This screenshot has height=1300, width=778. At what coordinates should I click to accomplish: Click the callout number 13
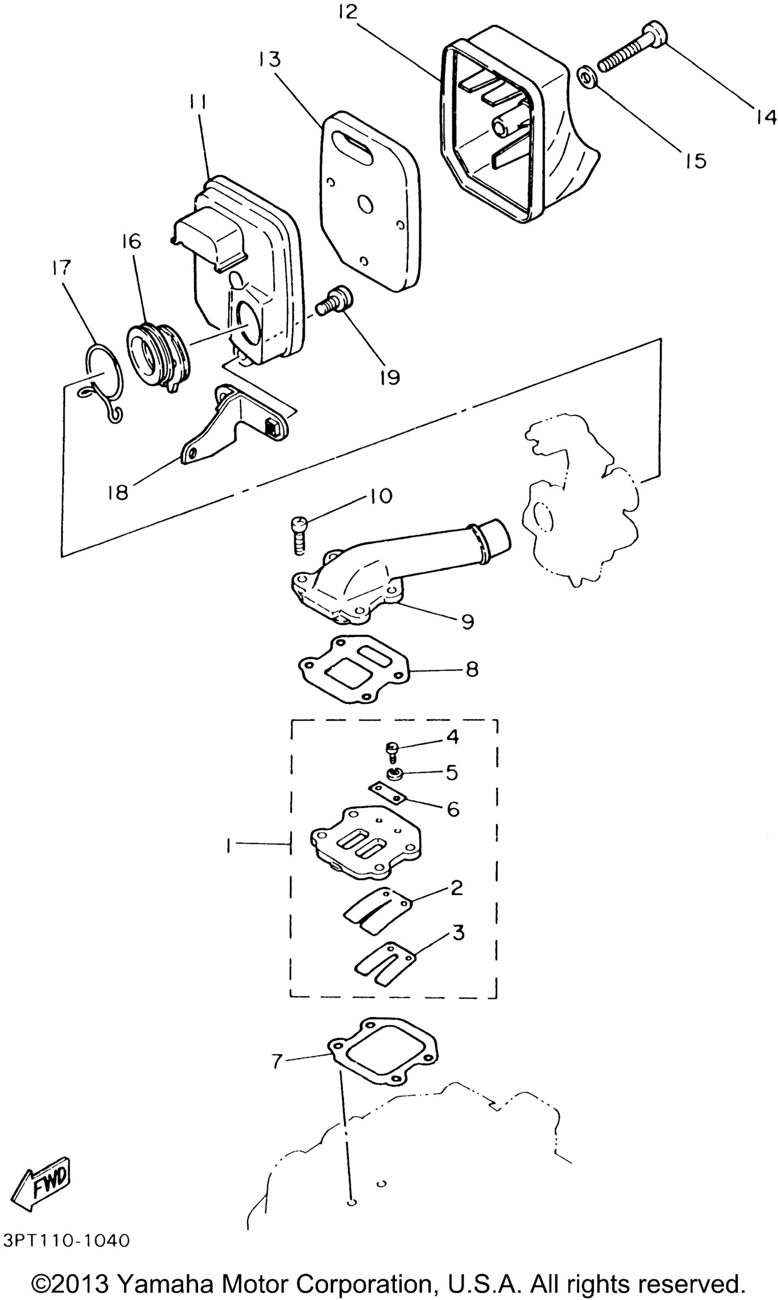click(269, 59)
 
